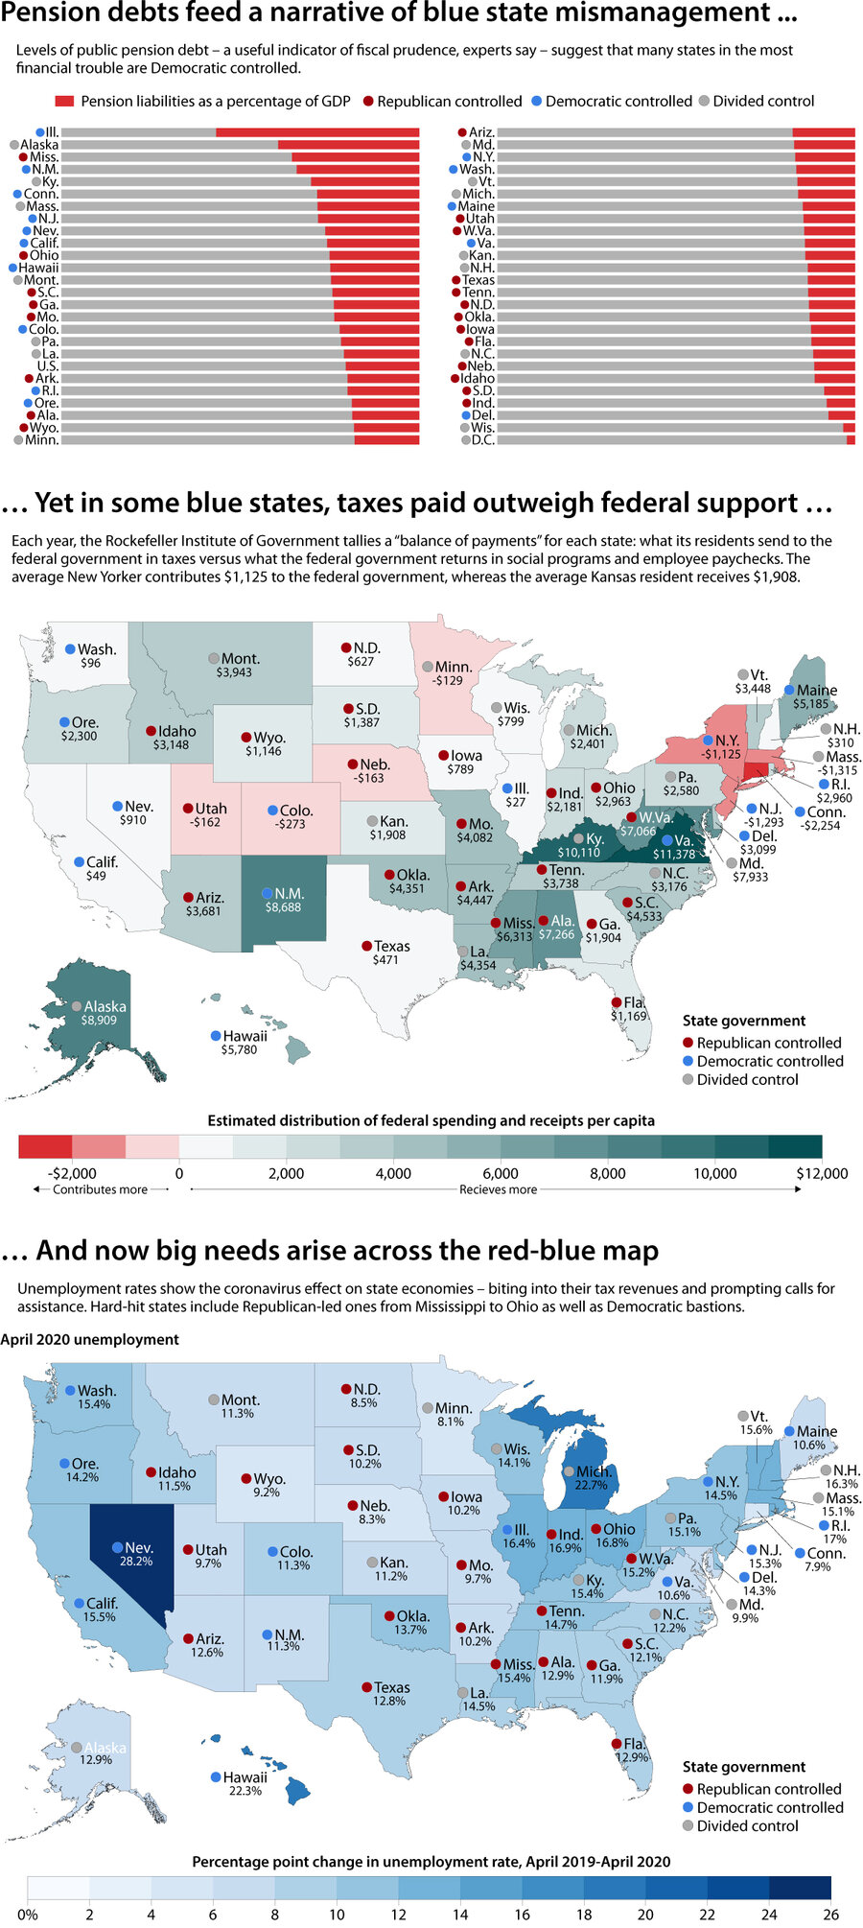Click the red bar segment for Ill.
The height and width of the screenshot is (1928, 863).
click(x=316, y=132)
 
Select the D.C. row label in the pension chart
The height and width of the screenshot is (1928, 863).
click(x=482, y=440)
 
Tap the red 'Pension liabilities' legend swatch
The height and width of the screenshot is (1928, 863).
click(x=65, y=102)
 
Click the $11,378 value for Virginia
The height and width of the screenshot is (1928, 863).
click(x=674, y=855)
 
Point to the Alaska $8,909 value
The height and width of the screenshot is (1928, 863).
click(x=99, y=1021)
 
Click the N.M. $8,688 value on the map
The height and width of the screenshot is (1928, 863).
click(x=284, y=907)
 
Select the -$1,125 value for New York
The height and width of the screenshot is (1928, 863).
click(x=720, y=755)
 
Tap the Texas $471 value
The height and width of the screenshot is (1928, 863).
click(x=385, y=960)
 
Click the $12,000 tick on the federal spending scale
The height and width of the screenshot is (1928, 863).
click(x=822, y=1173)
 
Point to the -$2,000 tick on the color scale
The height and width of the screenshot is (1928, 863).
click(x=73, y=1173)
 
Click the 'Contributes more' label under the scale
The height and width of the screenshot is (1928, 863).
click(x=100, y=1189)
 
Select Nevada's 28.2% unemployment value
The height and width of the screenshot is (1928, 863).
click(x=135, y=1562)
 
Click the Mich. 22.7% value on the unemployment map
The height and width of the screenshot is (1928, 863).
click(x=591, y=1486)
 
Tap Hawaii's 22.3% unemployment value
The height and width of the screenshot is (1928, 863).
click(x=245, y=1791)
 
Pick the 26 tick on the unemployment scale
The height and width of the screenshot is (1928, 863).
click(x=830, y=1915)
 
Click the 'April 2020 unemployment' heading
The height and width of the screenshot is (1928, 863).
click(x=90, y=1340)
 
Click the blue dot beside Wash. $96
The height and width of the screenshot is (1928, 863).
click(x=70, y=649)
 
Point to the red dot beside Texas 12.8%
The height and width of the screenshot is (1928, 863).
click(x=366, y=1687)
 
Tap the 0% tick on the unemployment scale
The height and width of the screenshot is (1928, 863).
click(x=28, y=1915)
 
